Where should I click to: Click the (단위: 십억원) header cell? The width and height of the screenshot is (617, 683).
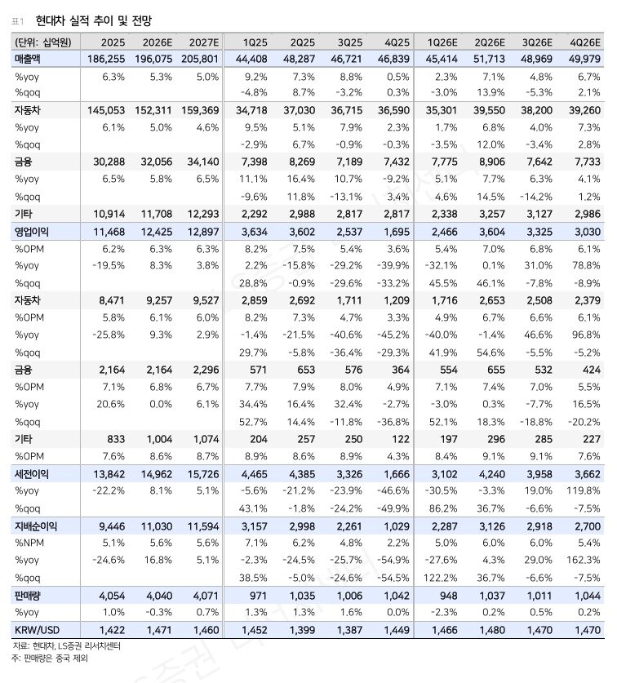[42, 42]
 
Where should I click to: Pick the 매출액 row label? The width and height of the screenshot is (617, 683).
[31, 60]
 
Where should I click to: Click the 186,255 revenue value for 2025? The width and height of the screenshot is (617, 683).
[104, 60]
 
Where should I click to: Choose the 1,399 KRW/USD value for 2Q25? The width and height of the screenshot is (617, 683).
[303, 630]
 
